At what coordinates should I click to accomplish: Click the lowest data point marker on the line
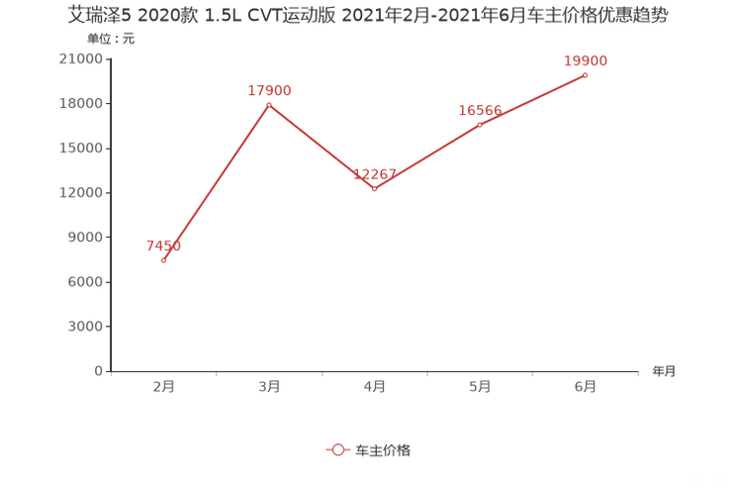click(163, 260)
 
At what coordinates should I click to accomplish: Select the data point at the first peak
click(269, 104)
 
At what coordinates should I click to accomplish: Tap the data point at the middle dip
click(374, 188)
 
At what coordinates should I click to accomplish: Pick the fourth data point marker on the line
click(480, 125)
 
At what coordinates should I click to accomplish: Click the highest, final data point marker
click(586, 74)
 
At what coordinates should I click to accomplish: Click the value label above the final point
click(586, 61)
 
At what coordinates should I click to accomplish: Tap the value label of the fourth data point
click(480, 110)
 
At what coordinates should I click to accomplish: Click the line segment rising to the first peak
click(216, 182)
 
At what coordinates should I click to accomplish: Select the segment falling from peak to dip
click(322, 147)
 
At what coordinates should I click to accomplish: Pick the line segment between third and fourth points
click(427, 156)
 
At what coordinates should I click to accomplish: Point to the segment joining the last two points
click(532, 100)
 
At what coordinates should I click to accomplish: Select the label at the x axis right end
click(664, 372)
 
